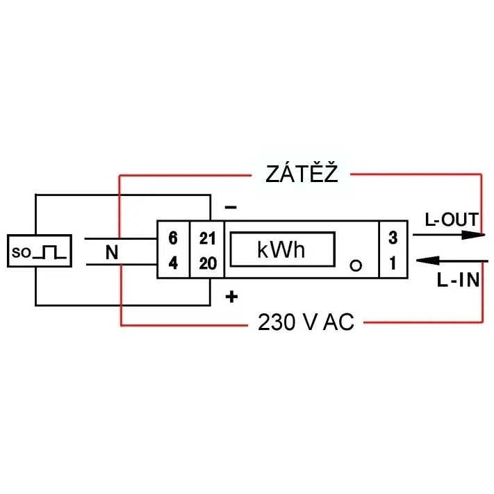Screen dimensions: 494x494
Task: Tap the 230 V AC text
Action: click(x=306, y=322)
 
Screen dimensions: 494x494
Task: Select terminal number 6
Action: click(x=173, y=238)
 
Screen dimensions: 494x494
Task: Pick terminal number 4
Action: click(x=173, y=263)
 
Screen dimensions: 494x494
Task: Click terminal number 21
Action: click(x=207, y=238)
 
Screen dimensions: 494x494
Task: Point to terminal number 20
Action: click(x=208, y=263)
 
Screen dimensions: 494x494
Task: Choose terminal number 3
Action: click(x=393, y=238)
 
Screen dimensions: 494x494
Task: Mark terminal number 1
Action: click(x=393, y=263)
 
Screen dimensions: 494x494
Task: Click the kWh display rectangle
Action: click(x=283, y=249)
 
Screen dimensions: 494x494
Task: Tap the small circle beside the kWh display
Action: click(x=356, y=266)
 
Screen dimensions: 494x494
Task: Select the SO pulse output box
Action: click(x=40, y=251)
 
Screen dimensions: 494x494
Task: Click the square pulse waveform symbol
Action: click(x=50, y=252)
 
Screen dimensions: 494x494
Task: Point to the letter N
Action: click(x=112, y=252)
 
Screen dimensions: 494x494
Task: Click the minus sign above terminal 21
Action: click(x=231, y=207)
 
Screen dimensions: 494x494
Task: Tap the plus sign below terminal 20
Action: click(x=231, y=297)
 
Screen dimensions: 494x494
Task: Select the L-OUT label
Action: click(x=452, y=220)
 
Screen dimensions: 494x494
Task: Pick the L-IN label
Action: click(x=459, y=280)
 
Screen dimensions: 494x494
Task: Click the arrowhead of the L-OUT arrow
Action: click(x=473, y=235)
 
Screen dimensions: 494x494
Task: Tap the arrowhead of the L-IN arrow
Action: click(x=428, y=261)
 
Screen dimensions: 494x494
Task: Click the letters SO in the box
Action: click(x=22, y=253)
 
